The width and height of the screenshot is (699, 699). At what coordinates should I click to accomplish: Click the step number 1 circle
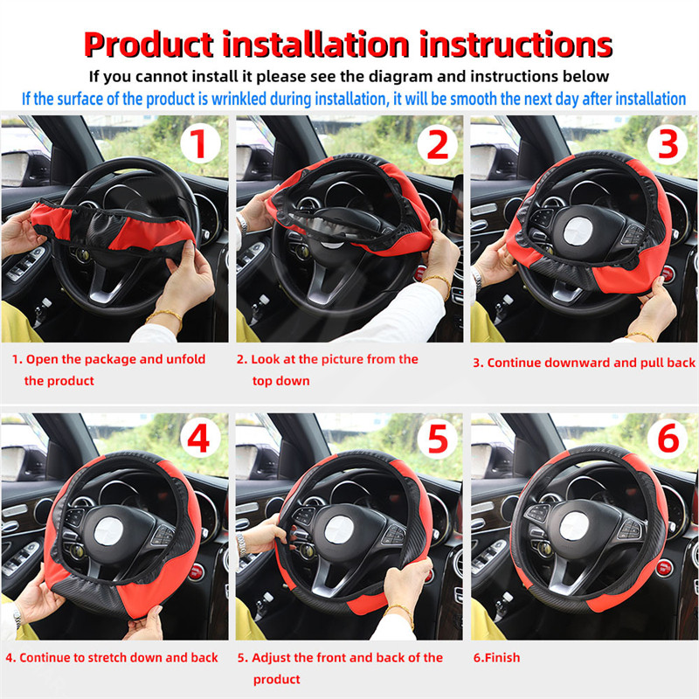pos(200,143)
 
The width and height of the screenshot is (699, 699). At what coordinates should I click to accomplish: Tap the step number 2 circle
pos(438,144)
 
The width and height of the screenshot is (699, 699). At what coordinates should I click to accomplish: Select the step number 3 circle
pos(668,144)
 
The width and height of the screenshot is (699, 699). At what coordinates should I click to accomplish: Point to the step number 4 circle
pos(200,439)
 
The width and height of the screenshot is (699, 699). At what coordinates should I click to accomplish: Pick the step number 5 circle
pos(438,439)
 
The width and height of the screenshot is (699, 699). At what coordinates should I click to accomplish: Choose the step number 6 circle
pos(668,439)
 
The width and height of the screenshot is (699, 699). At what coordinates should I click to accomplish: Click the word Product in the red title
pos(149,45)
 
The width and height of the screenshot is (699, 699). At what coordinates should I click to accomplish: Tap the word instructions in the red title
pos(516,45)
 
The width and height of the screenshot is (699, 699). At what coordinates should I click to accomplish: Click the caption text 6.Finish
pos(496,658)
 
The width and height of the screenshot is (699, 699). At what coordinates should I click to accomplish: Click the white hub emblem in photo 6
pos(575,526)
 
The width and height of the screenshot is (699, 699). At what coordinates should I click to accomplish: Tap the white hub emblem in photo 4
pos(108,531)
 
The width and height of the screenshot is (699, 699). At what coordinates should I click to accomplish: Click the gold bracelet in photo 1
pos(165,316)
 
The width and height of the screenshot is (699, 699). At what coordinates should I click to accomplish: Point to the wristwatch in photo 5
pos(242,544)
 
